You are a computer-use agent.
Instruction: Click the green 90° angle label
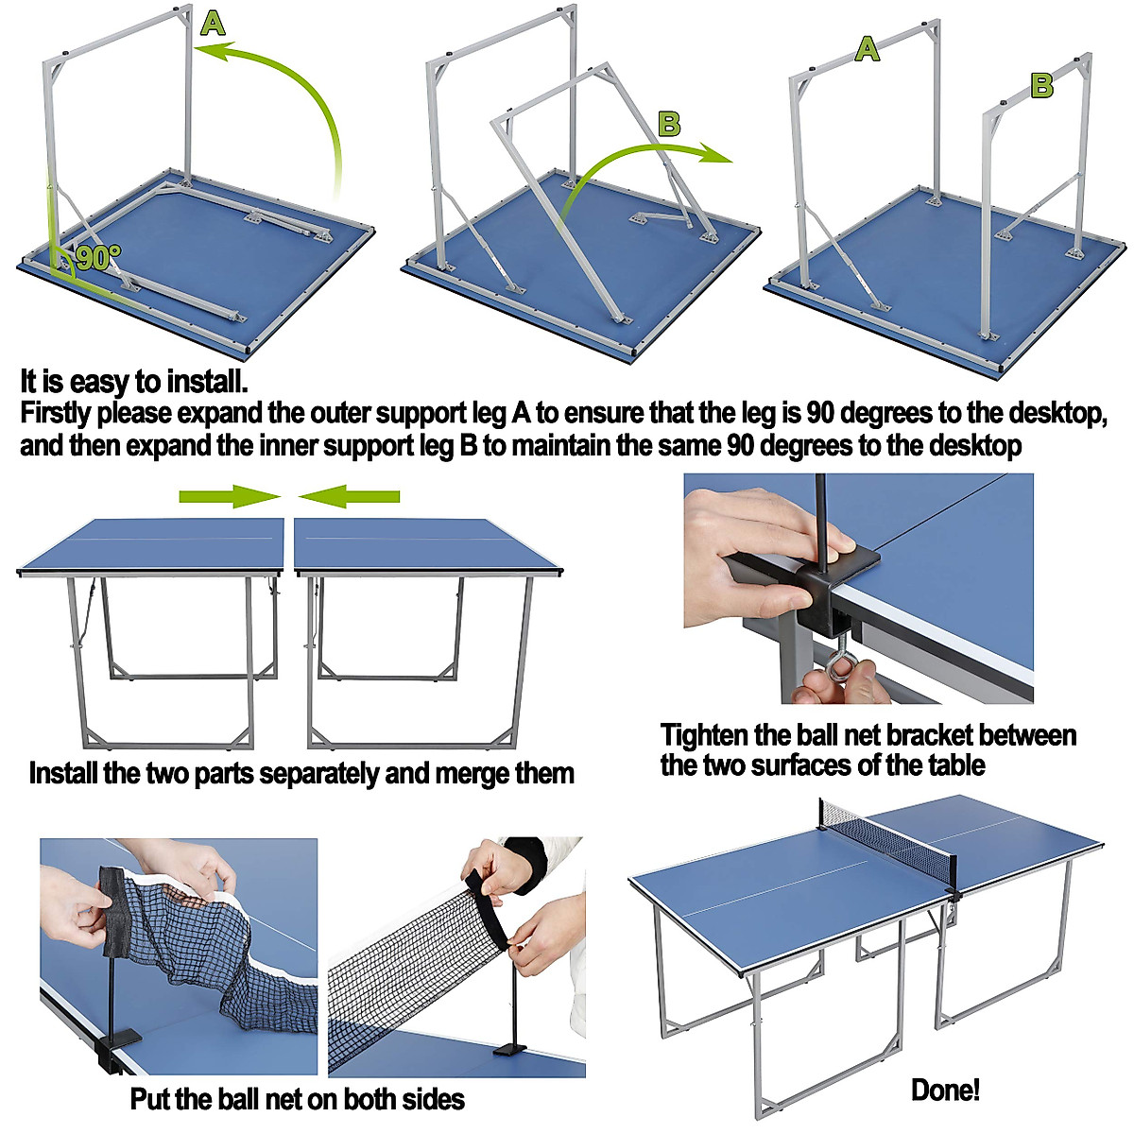(x=99, y=258)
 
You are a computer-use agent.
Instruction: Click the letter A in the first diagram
(x=213, y=25)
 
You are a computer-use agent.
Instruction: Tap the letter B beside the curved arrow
(x=669, y=124)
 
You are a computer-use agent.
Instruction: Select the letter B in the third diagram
(x=1041, y=86)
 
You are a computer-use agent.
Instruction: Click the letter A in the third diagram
(x=867, y=49)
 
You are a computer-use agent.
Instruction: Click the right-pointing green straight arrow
(x=230, y=497)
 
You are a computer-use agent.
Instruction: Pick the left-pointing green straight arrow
(x=350, y=497)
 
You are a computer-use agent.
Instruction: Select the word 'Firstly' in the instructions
(x=56, y=414)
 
